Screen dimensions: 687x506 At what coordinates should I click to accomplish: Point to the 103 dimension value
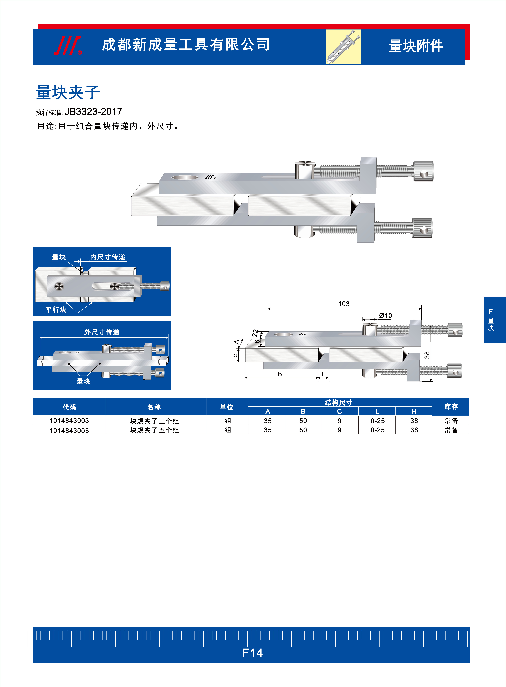(344, 304)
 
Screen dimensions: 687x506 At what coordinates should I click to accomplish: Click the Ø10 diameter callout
(385, 315)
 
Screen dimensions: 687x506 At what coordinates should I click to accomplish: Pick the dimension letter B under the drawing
(280, 374)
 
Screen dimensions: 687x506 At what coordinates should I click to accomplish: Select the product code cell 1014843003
(69, 420)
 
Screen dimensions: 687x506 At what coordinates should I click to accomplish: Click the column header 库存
(451, 407)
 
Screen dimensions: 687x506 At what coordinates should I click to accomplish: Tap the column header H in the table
(414, 411)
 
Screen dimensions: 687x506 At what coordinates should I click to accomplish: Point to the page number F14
(252, 653)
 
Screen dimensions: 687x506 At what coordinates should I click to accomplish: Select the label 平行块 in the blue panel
(56, 310)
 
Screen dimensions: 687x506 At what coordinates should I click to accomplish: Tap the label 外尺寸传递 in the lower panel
(102, 332)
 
